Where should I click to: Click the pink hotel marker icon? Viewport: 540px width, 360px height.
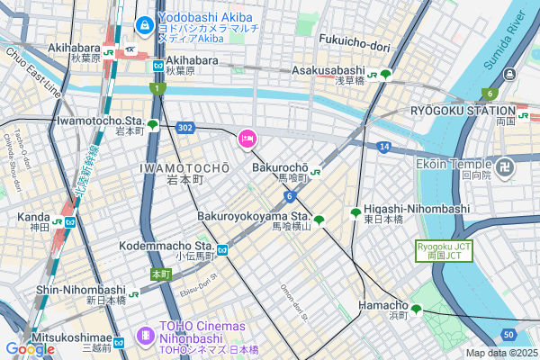247,139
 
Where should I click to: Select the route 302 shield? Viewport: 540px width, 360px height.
185,129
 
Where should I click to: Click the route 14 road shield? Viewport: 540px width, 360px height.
383,146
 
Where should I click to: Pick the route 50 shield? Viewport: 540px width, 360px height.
508,335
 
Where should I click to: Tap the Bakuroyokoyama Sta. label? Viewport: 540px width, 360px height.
254,216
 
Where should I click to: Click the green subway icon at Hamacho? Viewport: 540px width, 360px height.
416,310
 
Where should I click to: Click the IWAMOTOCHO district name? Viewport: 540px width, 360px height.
185,168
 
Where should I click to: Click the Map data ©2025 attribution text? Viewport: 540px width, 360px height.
500,353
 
